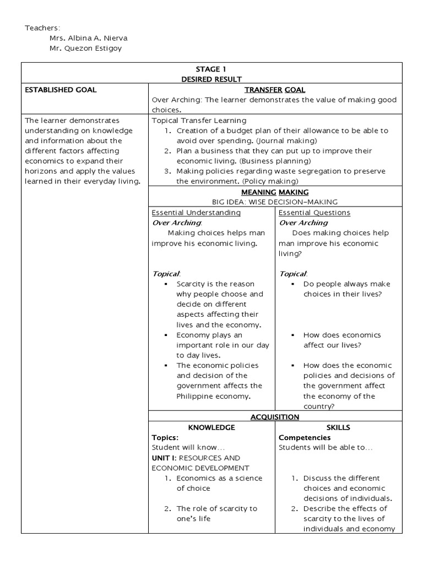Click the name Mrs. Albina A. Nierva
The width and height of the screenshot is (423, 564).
pos(88,37)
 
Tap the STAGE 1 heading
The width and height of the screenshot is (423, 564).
pos(212,69)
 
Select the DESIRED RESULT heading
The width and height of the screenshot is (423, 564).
pos(212,79)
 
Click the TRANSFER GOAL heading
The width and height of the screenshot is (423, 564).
pos(275,90)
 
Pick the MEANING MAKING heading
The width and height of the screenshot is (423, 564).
pos(275,192)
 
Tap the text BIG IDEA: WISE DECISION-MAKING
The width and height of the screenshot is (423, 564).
pos(275,202)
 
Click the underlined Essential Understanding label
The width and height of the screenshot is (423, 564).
pos(196,213)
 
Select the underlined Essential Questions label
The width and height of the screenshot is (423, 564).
pos(314,213)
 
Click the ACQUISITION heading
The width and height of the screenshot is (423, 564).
pos(275,417)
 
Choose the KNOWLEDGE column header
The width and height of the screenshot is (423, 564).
pos(212,427)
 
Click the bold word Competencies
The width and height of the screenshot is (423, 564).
pos(305,438)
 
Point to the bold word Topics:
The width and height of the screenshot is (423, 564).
pos(165,438)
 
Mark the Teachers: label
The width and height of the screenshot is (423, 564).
pos(43,28)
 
